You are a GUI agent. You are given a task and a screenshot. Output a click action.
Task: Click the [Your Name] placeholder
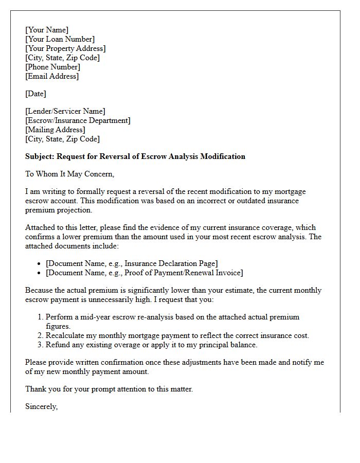[x=47, y=30]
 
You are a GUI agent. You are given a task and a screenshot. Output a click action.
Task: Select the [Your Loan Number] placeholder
[x=60, y=39]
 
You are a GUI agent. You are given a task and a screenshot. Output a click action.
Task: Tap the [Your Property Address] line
[x=65, y=48]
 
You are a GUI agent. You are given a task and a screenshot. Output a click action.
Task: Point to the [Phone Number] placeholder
[x=52, y=67]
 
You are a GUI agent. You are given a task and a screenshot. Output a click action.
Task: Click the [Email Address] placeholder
[x=52, y=76]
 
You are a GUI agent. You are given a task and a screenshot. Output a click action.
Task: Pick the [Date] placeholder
[x=35, y=94]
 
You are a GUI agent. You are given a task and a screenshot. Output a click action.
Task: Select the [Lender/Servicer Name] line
[x=65, y=111]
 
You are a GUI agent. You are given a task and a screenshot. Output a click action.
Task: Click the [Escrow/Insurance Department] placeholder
[x=78, y=120]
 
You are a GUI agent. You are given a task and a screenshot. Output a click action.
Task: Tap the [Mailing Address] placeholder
[x=55, y=130]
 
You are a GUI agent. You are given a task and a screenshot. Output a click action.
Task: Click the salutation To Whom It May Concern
[x=70, y=174]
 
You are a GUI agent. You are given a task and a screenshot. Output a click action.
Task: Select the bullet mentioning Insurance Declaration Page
[x=132, y=263]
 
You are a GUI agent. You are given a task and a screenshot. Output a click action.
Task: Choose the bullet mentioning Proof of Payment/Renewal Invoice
[x=144, y=273]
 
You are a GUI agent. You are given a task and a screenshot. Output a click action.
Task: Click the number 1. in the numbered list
[x=41, y=317]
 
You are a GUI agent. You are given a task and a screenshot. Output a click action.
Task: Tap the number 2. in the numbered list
[x=41, y=335]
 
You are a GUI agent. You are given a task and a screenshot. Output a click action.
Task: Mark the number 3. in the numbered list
[x=41, y=345]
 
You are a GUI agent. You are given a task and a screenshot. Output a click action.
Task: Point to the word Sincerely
[x=42, y=406]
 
